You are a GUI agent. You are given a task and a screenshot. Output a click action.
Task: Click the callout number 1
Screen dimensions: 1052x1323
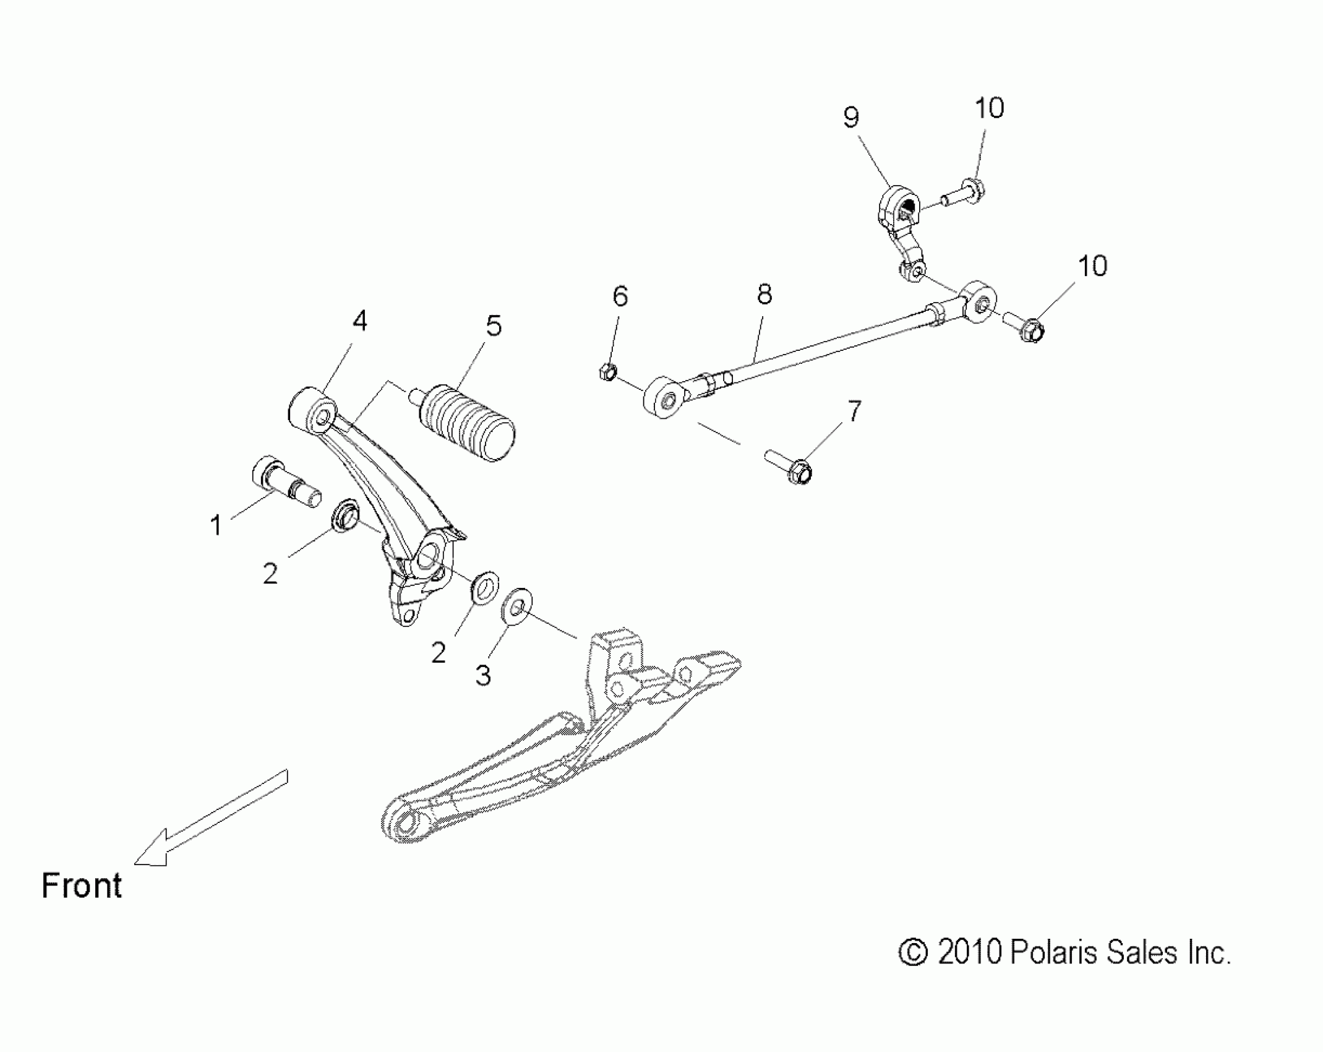pyautogui.click(x=216, y=525)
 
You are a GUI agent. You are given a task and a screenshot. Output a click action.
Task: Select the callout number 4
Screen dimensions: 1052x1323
pyautogui.click(x=359, y=321)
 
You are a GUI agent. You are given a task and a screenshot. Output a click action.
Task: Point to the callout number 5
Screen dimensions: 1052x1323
pyautogui.click(x=494, y=326)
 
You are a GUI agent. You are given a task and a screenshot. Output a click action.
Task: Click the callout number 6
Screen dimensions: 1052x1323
pyautogui.click(x=620, y=296)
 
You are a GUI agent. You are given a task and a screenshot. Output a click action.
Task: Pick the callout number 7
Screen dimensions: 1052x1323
pyautogui.click(x=854, y=411)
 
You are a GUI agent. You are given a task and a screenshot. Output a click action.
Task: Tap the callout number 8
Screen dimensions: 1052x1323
pyautogui.click(x=764, y=295)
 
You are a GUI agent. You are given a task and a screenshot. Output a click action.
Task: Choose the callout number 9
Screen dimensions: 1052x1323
pyautogui.click(x=851, y=117)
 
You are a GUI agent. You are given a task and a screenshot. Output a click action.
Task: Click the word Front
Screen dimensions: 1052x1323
pyautogui.click(x=82, y=886)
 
